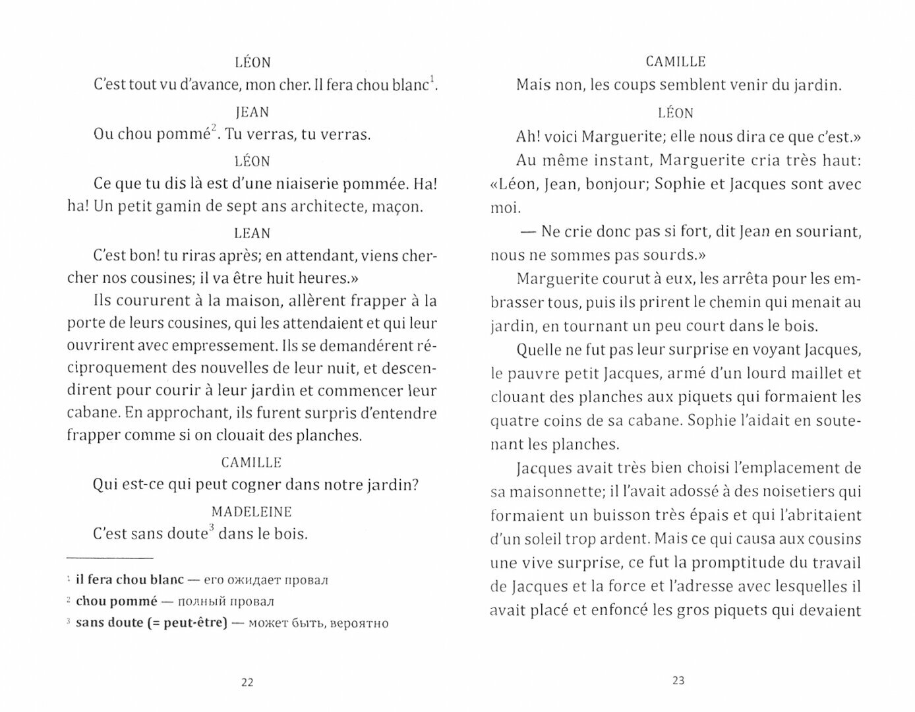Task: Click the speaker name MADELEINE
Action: point(252,512)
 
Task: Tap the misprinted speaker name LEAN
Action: point(252,233)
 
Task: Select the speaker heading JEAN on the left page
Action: point(252,112)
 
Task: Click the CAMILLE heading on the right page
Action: point(676,62)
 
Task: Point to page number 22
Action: point(247,682)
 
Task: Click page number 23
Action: point(679,681)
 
